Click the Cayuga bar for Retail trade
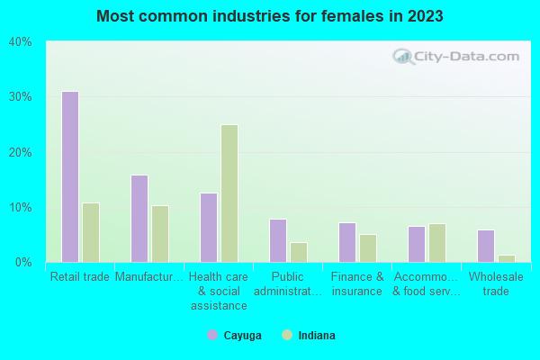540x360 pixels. (69, 176)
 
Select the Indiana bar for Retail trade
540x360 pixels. (91, 232)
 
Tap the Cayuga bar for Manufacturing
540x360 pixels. (139, 219)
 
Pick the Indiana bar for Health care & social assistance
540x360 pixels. (229, 193)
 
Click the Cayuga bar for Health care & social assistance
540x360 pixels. (209, 228)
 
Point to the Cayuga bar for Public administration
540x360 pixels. (278, 240)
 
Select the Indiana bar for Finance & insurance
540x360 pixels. (368, 248)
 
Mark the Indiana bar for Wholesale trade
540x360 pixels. (507, 258)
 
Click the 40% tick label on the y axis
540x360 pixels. (20, 42)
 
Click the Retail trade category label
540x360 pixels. (80, 277)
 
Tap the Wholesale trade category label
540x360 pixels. (496, 283)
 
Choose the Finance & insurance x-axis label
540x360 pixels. (357, 283)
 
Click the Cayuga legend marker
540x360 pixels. (212, 336)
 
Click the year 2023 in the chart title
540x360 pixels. (425, 16)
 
